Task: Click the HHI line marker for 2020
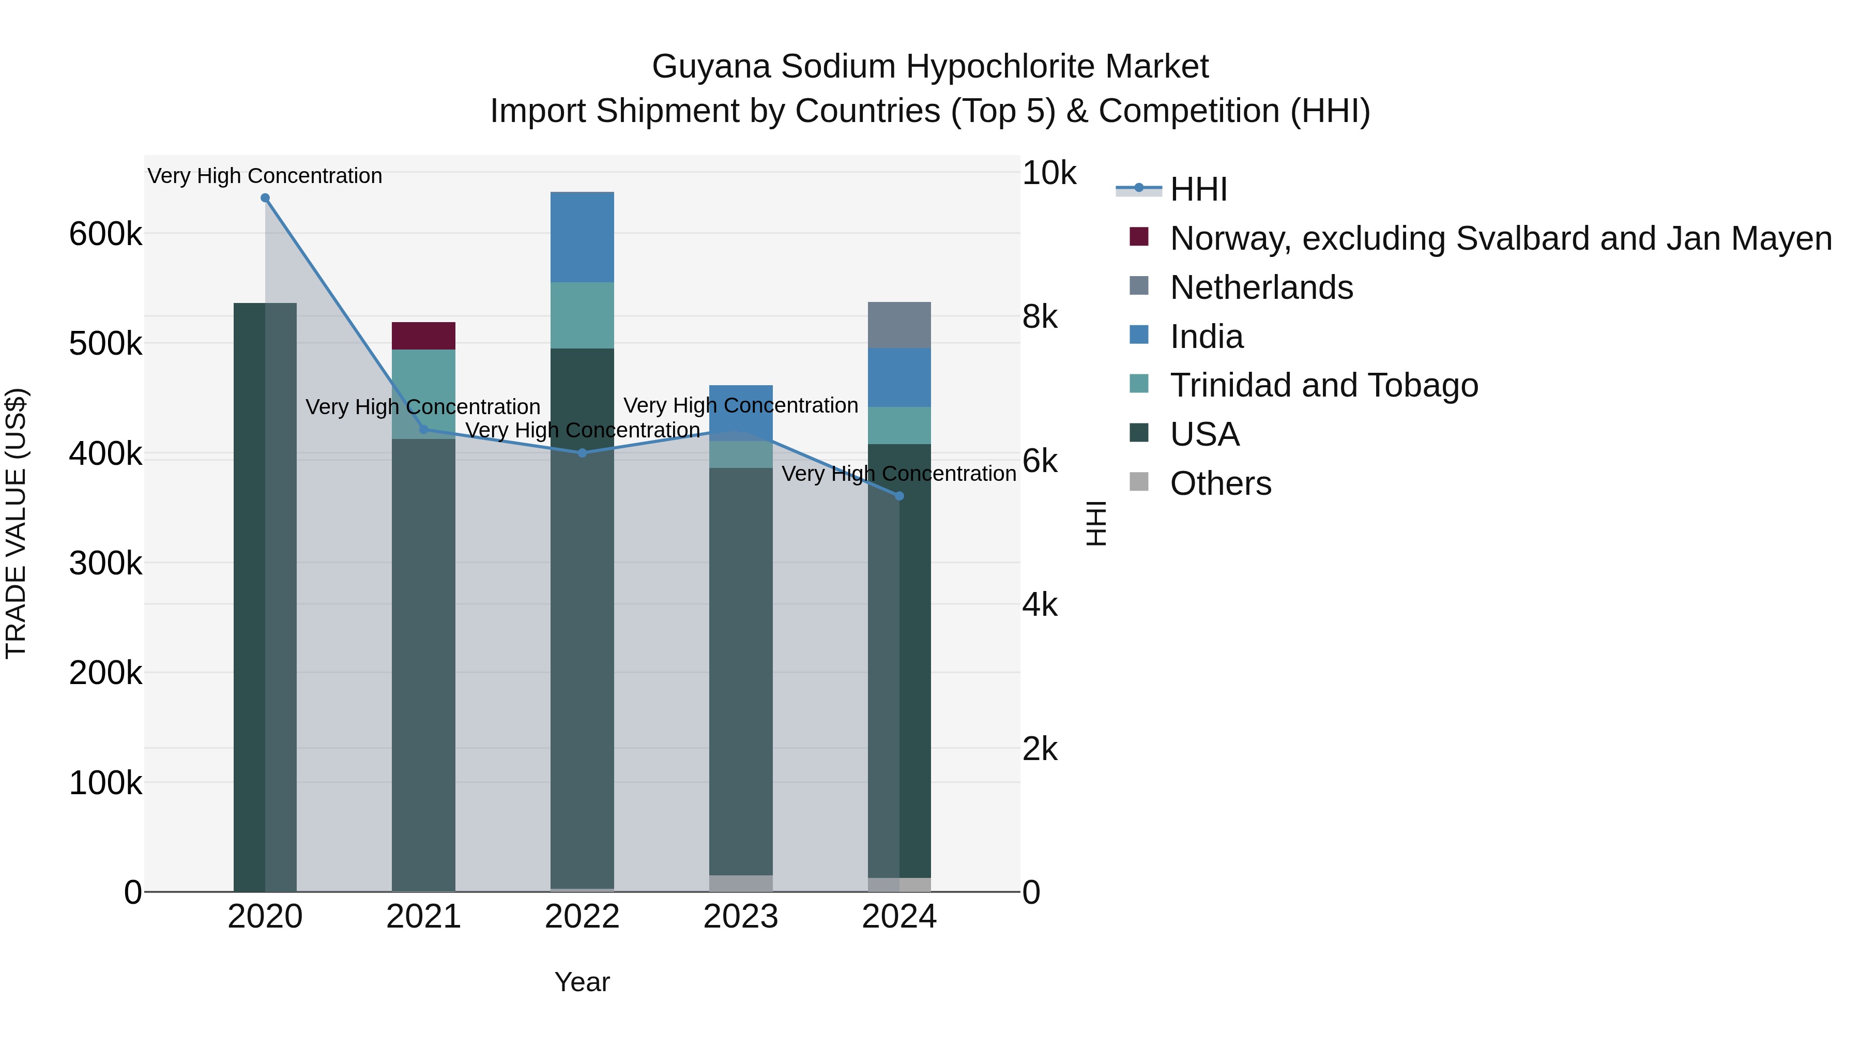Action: [x=265, y=198]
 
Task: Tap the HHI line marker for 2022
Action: [x=582, y=453]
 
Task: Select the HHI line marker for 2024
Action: [x=899, y=496]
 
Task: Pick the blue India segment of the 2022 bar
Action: [x=582, y=237]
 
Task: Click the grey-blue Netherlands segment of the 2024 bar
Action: [x=899, y=325]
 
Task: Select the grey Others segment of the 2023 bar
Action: [x=740, y=883]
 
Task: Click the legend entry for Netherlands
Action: [x=1261, y=287]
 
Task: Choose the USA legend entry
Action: [x=1204, y=434]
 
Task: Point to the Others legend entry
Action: [x=1220, y=483]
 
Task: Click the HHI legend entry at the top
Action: [x=1198, y=189]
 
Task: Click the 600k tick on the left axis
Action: [x=105, y=234]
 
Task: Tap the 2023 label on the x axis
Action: [x=740, y=917]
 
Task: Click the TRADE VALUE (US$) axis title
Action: [x=16, y=523]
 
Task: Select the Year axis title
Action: [x=582, y=982]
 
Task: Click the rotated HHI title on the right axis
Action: [x=1096, y=523]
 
